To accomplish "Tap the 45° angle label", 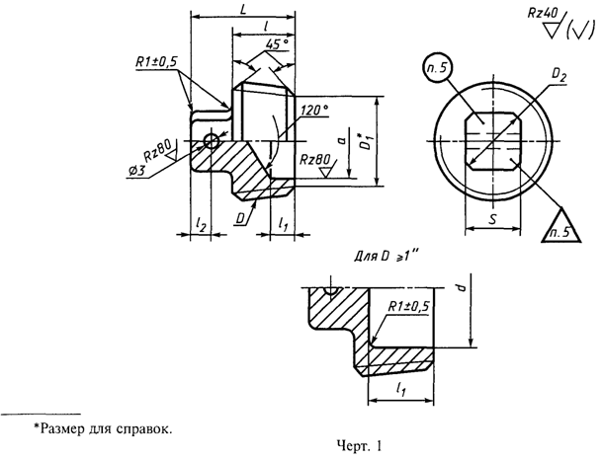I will (278, 45).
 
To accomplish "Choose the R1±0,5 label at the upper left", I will (156, 62).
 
